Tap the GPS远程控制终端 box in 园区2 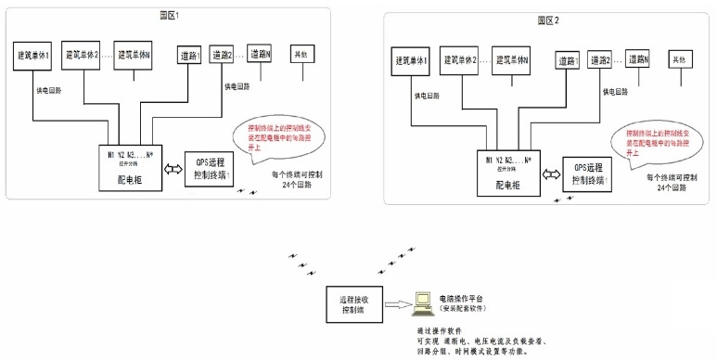[587, 173]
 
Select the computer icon [422, 301]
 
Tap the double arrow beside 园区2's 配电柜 [551, 174]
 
